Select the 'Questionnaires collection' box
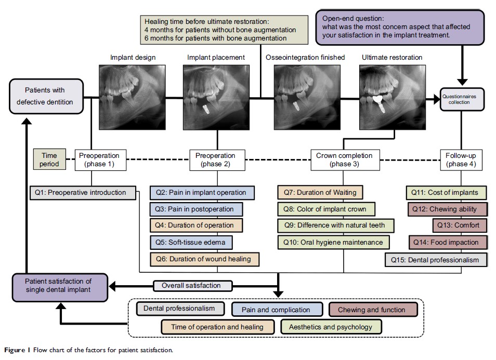pos(462,98)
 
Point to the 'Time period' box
pos(49,159)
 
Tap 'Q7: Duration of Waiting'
pos(320,192)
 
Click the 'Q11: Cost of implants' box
pos(446,192)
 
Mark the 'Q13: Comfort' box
pos(460,225)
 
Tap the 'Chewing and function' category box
pos(372,310)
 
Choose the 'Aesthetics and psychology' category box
pos(331,327)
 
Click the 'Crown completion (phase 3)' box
pos(344,159)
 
